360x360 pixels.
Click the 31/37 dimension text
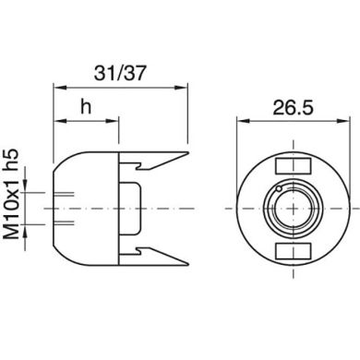119,69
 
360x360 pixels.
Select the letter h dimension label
87,106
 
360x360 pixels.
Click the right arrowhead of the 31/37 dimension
182,89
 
